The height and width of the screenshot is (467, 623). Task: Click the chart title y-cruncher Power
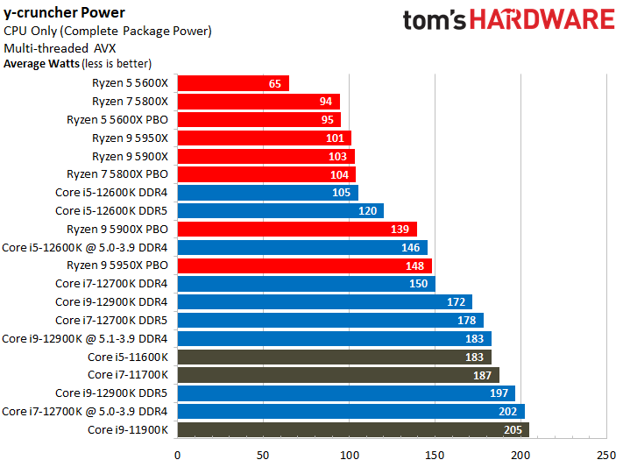[x=64, y=12]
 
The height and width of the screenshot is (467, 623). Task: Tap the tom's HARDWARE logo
[x=508, y=20]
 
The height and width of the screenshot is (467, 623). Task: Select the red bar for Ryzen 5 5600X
[x=233, y=83]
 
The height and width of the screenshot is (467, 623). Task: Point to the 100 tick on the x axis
[x=349, y=454]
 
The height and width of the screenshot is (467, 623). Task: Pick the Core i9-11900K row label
[x=128, y=429]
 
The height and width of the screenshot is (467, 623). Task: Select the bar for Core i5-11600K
[x=334, y=357]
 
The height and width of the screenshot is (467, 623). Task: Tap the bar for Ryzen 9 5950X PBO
[x=304, y=265]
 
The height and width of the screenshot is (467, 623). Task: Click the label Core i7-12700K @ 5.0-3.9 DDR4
[x=85, y=411]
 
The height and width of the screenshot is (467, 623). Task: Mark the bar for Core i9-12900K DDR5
[x=346, y=393]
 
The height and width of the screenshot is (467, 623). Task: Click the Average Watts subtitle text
[x=77, y=63]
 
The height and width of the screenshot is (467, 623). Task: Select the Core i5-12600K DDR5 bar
[x=280, y=210]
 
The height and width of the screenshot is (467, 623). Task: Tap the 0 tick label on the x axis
[x=178, y=454]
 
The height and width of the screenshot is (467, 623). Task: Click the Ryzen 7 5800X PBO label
[x=117, y=174]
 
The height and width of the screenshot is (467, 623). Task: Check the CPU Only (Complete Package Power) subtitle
[x=107, y=31]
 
